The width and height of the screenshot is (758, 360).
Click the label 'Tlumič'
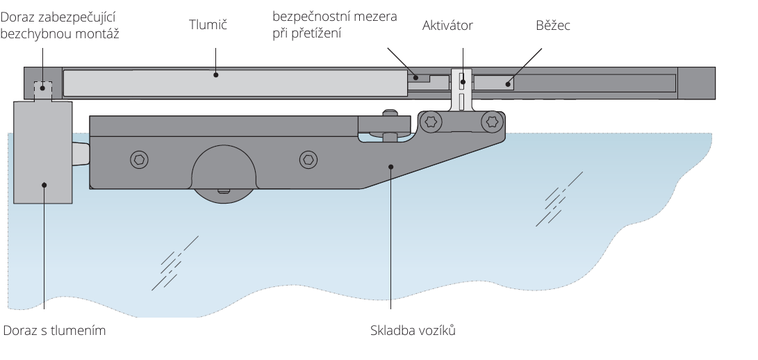tap(208, 25)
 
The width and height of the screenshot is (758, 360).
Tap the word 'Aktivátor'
tap(447, 26)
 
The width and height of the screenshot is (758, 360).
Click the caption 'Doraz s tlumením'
tap(54, 331)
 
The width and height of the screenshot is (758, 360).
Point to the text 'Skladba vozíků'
tap(413, 331)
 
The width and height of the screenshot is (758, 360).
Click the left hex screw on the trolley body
tap(139, 160)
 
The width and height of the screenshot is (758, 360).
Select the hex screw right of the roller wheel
tap(308, 160)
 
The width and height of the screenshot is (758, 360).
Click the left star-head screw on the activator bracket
tap(431, 122)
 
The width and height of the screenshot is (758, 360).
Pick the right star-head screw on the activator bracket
tap(493, 122)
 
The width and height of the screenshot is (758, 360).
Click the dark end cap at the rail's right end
tap(696, 82)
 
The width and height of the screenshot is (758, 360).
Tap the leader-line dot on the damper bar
tap(215, 74)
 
